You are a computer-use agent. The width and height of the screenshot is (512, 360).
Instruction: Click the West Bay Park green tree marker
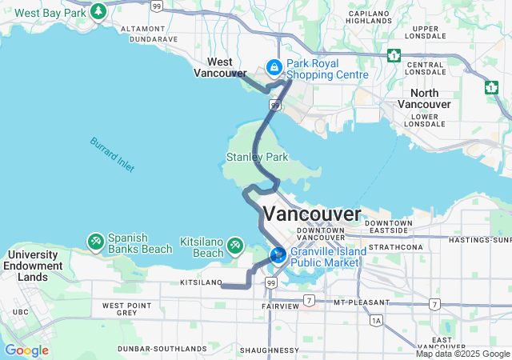click(x=98, y=12)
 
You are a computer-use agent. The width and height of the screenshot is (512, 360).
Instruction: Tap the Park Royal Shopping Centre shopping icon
click(x=274, y=67)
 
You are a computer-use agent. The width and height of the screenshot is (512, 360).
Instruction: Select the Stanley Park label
click(x=257, y=158)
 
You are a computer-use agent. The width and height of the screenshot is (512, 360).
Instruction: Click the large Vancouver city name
click(x=312, y=214)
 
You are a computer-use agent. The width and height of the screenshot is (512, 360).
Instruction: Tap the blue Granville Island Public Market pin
click(x=278, y=255)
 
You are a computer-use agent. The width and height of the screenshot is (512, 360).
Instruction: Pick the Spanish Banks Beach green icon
click(x=95, y=240)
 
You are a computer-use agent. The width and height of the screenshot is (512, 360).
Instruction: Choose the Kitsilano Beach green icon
click(x=235, y=245)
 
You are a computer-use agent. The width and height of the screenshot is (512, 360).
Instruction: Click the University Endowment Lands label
click(x=32, y=266)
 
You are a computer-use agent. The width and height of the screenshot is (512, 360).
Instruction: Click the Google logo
click(x=26, y=350)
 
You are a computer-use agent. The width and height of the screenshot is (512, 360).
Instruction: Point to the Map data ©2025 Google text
click(x=462, y=354)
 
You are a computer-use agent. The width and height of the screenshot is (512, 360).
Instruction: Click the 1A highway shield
click(x=376, y=320)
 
